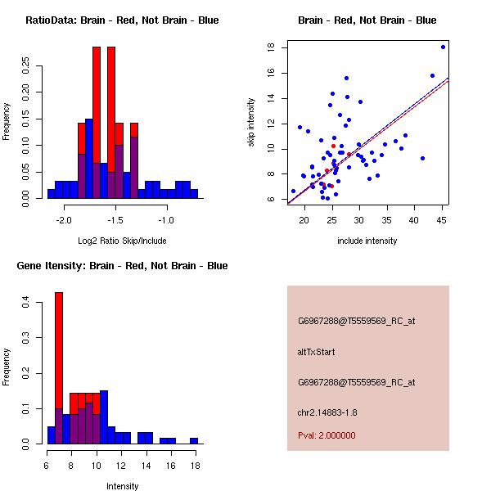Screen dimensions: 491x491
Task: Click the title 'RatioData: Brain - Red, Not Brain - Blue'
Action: click(x=122, y=20)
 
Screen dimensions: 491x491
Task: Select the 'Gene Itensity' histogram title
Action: click(x=122, y=266)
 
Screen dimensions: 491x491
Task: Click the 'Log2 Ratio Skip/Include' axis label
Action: click(x=122, y=241)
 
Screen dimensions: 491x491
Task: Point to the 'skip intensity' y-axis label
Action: click(x=251, y=123)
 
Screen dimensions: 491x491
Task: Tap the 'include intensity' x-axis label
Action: click(x=367, y=241)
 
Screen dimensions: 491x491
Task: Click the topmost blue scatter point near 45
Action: click(x=443, y=47)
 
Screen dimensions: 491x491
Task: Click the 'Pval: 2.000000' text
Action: click(x=327, y=435)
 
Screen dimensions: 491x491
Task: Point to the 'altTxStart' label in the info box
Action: click(x=317, y=352)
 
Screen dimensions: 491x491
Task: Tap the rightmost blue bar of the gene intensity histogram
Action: click(x=194, y=441)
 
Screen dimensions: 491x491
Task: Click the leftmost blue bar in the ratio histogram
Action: click(x=52, y=194)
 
